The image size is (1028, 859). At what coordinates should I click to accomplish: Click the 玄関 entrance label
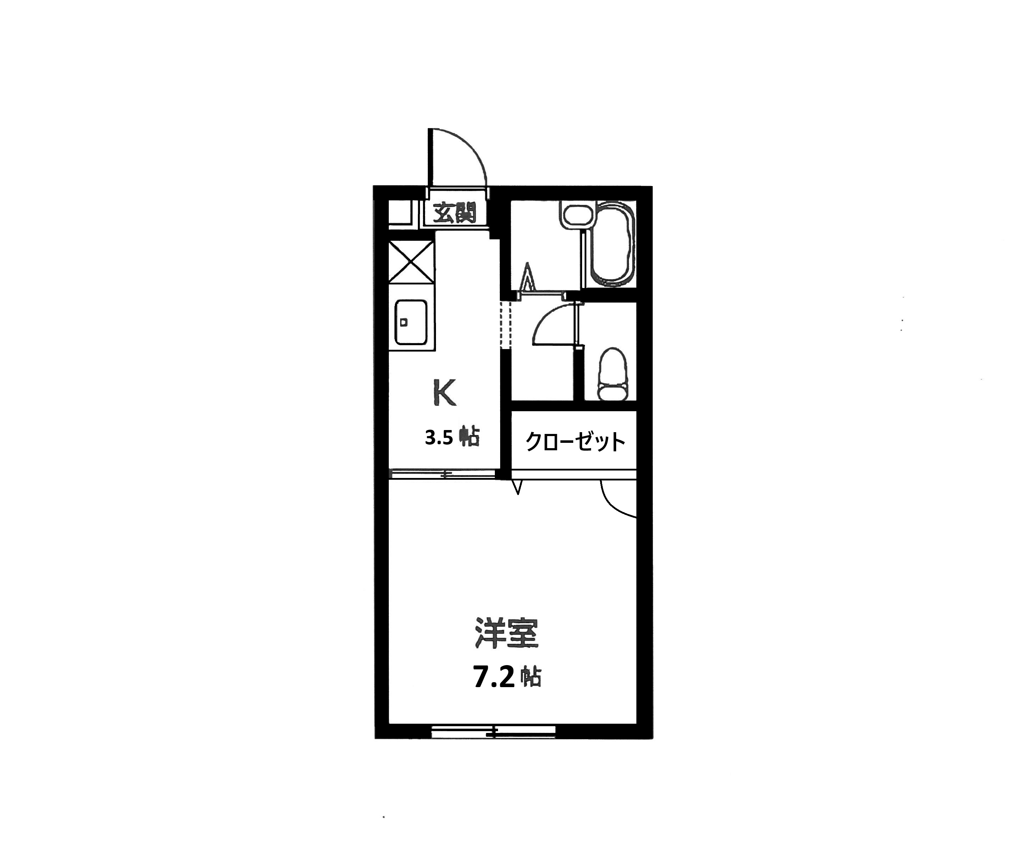[455, 213]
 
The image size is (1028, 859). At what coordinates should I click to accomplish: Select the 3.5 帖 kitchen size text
[452, 437]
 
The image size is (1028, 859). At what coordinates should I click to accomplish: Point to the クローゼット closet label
[575, 441]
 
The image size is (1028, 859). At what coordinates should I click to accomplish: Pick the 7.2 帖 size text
[507, 678]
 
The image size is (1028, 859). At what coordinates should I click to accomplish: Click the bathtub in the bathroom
[612, 244]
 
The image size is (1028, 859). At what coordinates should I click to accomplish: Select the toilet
[612, 373]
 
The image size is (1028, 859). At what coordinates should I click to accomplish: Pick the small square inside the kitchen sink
[404, 322]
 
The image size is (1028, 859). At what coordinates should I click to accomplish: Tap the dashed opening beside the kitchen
[505, 325]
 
